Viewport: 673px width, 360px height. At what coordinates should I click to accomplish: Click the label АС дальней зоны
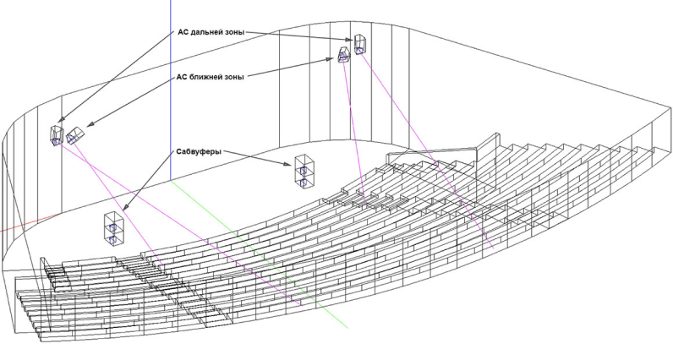coord(211,32)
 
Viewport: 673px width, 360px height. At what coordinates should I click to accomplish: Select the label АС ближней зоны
coord(211,76)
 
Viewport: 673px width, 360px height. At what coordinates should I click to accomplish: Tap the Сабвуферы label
coord(199,152)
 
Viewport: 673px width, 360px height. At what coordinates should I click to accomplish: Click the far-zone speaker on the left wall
coord(56,135)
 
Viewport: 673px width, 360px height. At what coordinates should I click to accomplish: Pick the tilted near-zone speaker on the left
coord(75,134)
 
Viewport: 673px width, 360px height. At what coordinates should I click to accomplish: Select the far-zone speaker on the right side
coord(361,43)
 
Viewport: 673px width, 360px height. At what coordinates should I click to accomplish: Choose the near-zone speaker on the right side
coord(344,56)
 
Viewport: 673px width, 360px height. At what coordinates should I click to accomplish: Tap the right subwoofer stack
coord(304,171)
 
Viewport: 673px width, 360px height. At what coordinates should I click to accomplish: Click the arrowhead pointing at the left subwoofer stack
coord(125,208)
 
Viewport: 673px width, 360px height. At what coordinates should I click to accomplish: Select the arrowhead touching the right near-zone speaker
coord(336,60)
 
